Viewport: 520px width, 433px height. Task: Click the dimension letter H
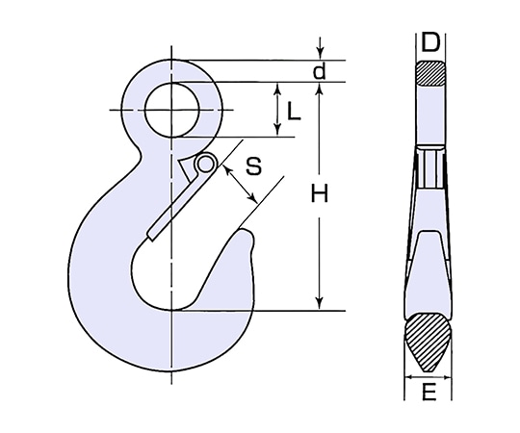click(320, 193)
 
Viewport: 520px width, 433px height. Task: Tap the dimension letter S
click(253, 166)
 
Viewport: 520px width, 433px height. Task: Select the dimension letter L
click(293, 111)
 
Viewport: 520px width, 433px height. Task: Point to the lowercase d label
click(320, 70)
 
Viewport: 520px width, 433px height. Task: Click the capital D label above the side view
click(430, 42)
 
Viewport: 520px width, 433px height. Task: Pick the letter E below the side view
click(429, 392)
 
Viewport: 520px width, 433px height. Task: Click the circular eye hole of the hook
click(171, 110)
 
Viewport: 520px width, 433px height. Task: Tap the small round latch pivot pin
click(206, 164)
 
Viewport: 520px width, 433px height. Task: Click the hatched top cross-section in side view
click(430, 73)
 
